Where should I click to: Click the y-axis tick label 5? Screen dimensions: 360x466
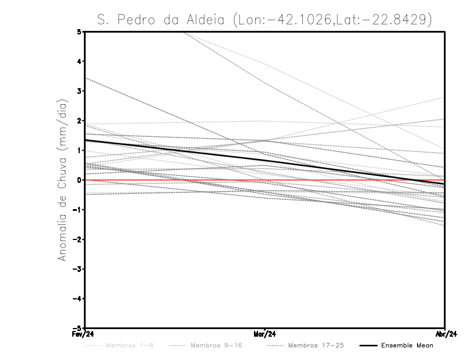pos(79,31)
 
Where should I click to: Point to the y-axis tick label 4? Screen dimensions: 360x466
pos(79,61)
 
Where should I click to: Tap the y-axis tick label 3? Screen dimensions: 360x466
pos(79,91)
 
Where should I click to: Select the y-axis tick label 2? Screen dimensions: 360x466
pos(79,121)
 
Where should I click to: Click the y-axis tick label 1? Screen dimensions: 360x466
pos(79,150)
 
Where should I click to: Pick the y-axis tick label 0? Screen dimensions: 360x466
pos(79,180)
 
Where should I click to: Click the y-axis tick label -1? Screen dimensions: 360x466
pos(77,210)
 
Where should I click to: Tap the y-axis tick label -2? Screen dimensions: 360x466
pos(77,239)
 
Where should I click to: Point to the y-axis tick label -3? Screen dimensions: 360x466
pos(77,269)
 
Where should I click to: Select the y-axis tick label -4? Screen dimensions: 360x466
pos(77,299)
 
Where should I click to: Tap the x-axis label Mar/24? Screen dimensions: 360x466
pos(265,334)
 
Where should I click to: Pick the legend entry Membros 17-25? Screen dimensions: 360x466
pos(315,346)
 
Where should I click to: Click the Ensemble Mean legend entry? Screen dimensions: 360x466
pos(407,346)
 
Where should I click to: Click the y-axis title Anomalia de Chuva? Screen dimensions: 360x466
pos(62,180)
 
